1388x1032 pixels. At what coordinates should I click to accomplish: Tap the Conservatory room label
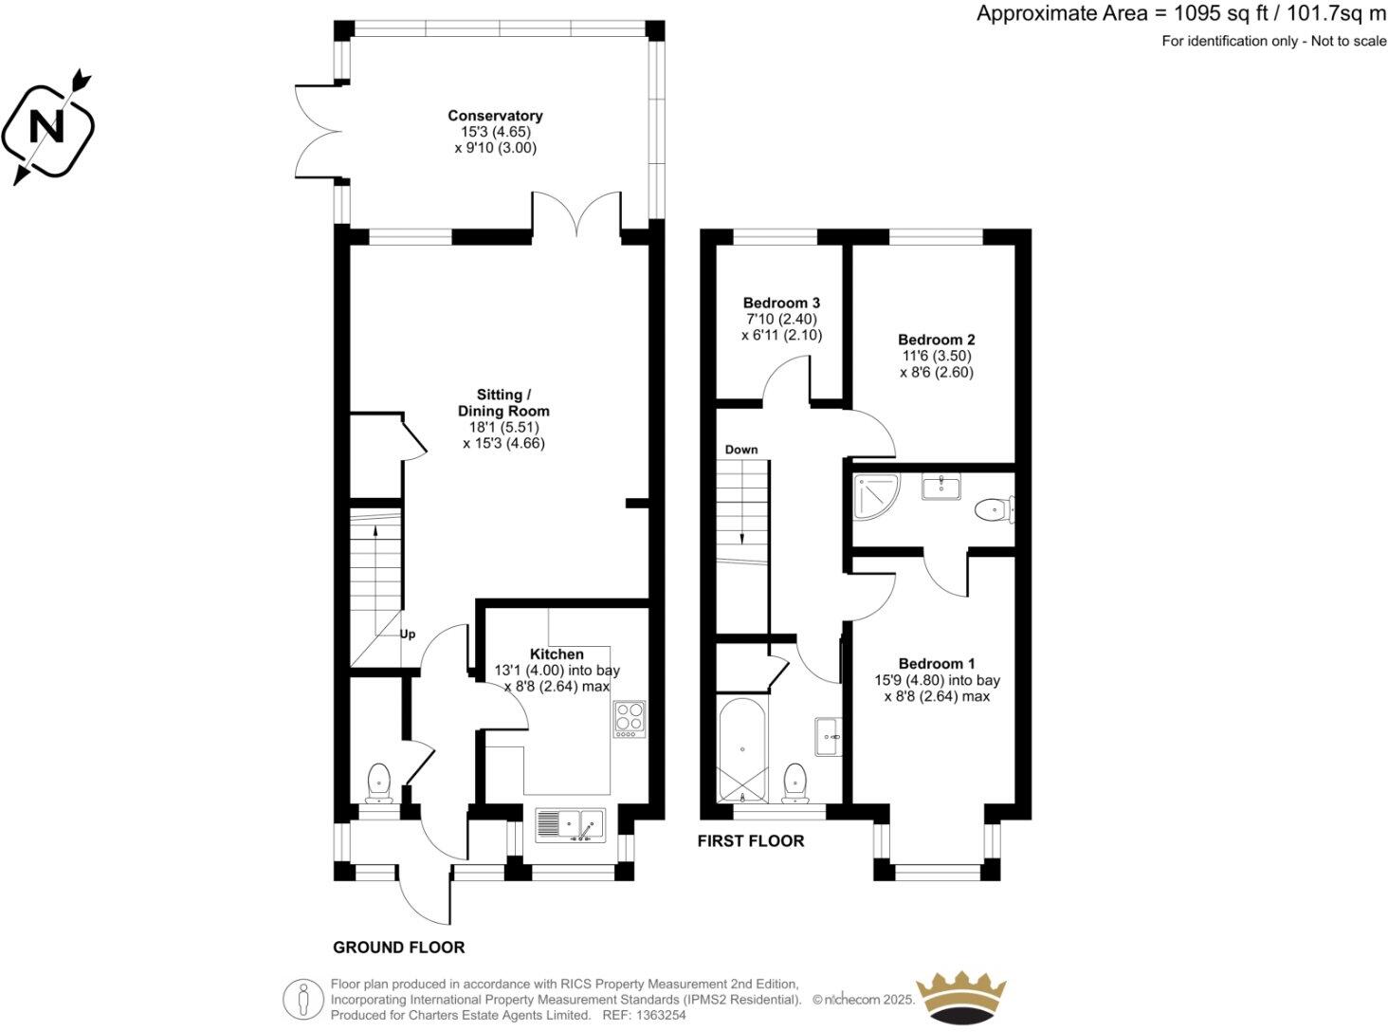click(x=495, y=116)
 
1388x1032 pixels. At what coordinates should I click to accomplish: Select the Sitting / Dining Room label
click(x=503, y=402)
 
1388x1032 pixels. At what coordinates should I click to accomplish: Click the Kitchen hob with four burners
click(x=629, y=718)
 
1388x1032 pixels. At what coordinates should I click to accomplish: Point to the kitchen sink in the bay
click(x=570, y=824)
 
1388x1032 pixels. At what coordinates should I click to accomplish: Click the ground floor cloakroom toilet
click(x=379, y=782)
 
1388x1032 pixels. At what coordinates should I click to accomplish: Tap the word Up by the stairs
click(x=408, y=634)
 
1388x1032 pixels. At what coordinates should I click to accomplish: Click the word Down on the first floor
click(x=741, y=450)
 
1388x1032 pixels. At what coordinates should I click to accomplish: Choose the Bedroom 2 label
click(x=936, y=340)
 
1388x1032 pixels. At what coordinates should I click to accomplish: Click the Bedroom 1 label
click(x=936, y=664)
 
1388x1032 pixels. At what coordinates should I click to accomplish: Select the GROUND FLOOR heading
click(x=398, y=948)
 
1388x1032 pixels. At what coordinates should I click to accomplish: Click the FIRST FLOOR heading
click(x=750, y=840)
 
